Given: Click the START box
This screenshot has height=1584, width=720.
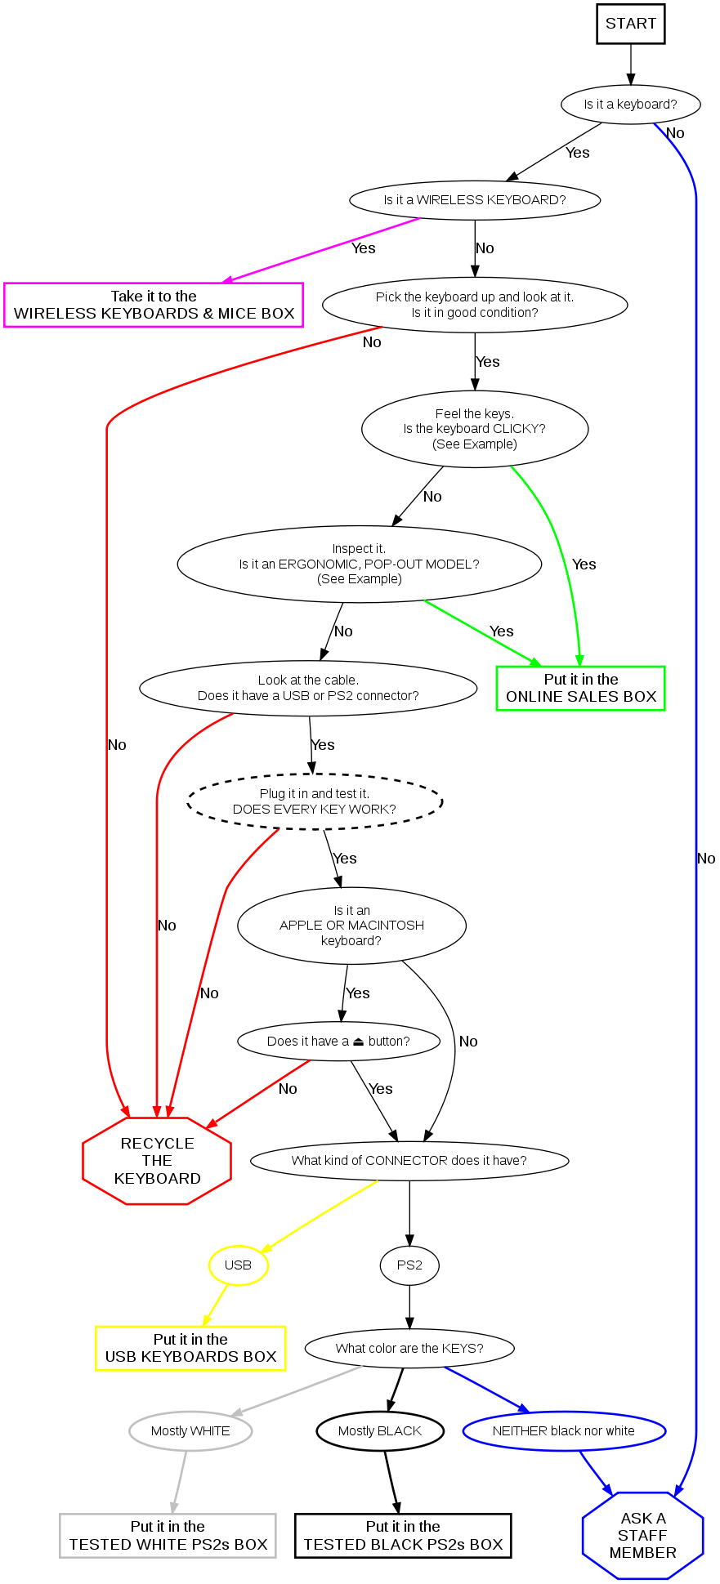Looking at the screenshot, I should coord(631,24).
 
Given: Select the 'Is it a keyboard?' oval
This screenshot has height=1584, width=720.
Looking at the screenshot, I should coord(630,105).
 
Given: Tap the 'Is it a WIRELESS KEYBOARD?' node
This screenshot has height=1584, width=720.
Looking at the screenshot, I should coord(475,200).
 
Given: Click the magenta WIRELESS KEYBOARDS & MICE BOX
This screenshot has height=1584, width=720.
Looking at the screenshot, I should coord(154,305).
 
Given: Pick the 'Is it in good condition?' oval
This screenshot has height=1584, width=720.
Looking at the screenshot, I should coord(475,305).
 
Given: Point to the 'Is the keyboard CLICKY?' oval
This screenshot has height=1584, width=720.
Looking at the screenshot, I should coord(475,429).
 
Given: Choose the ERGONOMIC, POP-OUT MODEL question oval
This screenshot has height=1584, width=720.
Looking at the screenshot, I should coord(359,564).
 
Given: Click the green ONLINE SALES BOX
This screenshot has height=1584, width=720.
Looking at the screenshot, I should coord(581,689).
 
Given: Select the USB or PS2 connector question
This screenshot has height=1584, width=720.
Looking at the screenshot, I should coord(308,688).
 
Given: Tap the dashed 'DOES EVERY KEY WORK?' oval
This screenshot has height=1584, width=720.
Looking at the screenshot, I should coord(315,801).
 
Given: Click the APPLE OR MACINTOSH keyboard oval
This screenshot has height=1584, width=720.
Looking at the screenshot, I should coord(351,926).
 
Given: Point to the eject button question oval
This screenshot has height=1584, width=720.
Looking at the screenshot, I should coord(338,1042).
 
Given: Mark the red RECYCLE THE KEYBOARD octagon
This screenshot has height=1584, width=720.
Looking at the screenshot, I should coord(157,1161).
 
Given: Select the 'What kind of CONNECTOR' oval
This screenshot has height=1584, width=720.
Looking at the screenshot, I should coord(409,1161).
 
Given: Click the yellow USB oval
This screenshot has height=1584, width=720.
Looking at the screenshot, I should coord(238,1265).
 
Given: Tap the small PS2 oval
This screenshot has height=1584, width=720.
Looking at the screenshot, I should coord(409,1265).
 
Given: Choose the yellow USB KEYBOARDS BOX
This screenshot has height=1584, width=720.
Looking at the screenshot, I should coord(190,1348).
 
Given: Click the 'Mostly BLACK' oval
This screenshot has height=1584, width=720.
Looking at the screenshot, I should coord(380,1431).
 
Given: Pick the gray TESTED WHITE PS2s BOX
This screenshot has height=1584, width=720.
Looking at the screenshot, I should coord(168,1536).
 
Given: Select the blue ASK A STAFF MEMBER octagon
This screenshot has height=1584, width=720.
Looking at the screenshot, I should coord(642,1536).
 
